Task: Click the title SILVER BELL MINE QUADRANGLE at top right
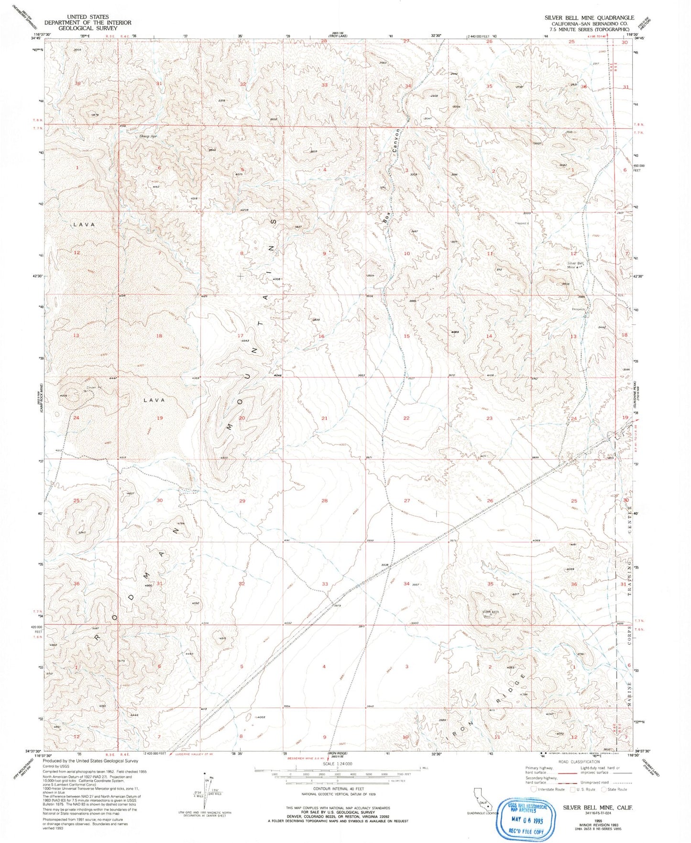click(x=589, y=17)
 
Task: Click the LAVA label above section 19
click(x=154, y=400)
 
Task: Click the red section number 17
click(x=241, y=335)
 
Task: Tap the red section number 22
click(x=406, y=418)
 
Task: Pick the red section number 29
click(x=242, y=501)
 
